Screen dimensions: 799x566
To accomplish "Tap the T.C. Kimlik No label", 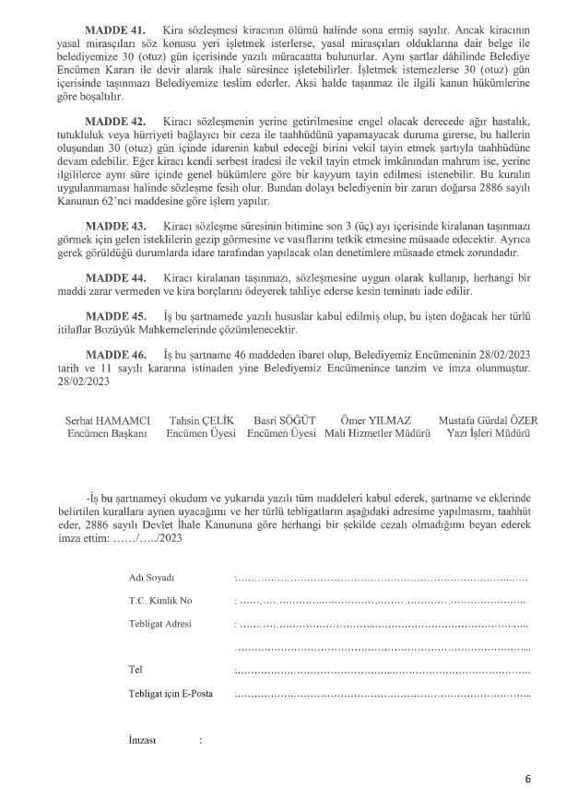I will pos(160,601).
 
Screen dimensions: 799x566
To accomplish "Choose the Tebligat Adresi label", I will pos(160,625).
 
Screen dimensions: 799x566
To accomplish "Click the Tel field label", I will pos(136,670).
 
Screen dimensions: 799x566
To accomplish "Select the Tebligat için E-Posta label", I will pos(171,694).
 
